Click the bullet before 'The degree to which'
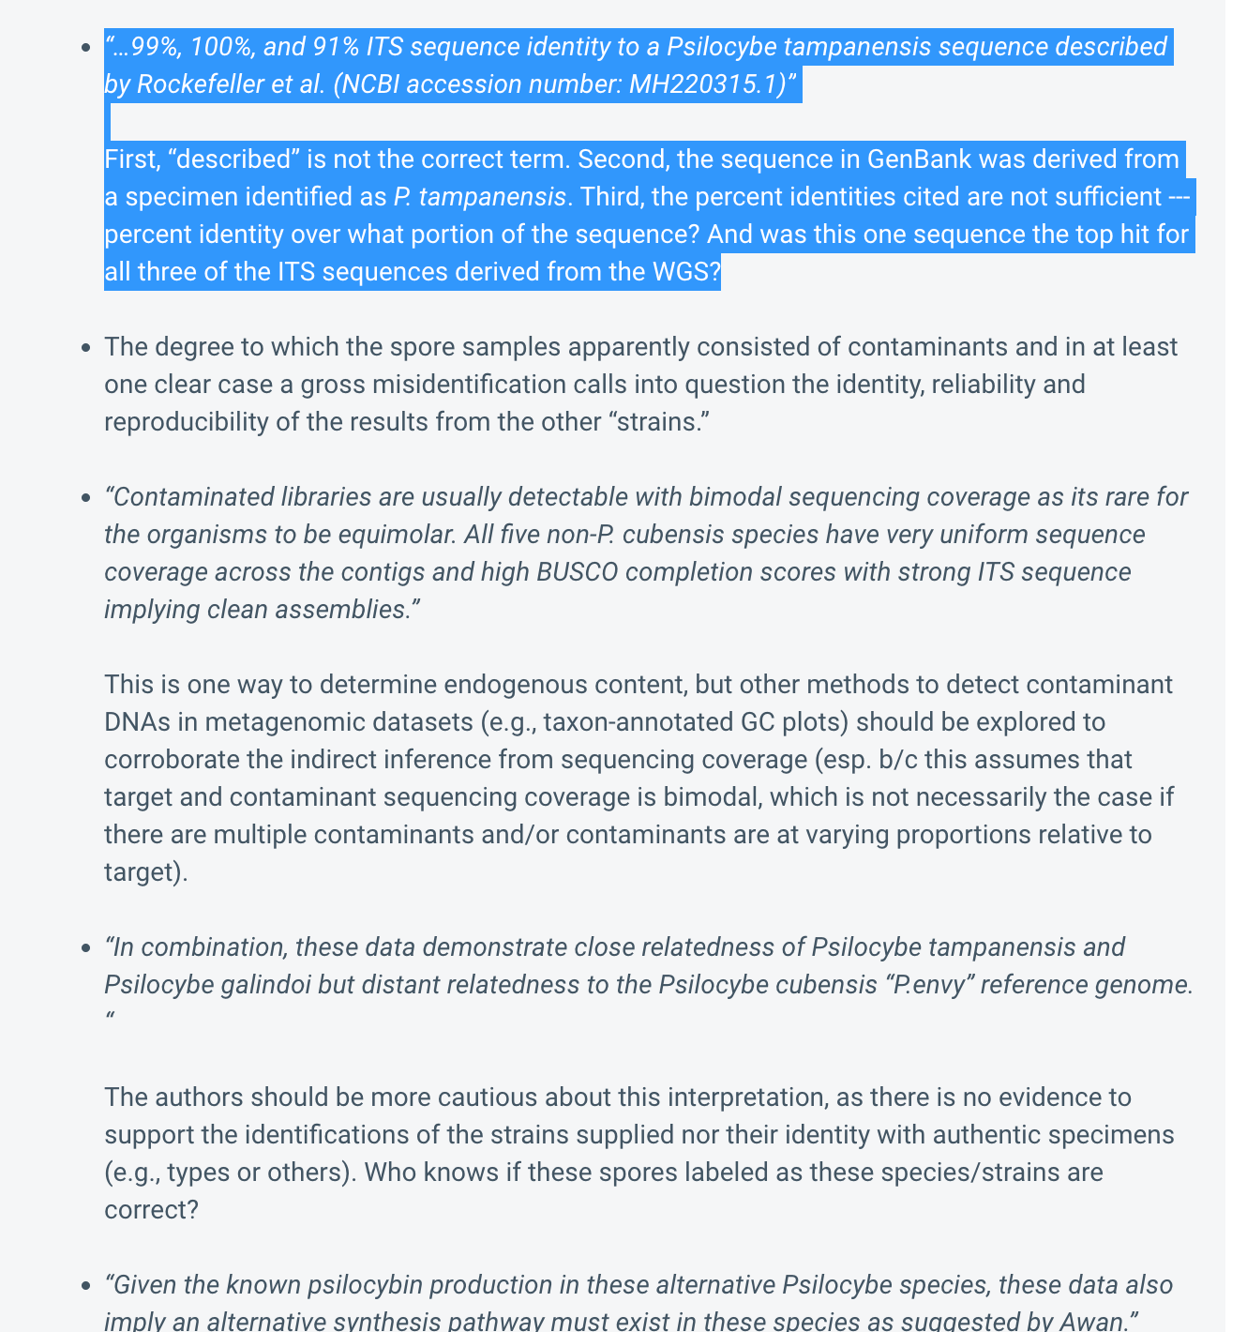(86, 348)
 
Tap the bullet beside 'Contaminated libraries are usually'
(86, 498)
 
